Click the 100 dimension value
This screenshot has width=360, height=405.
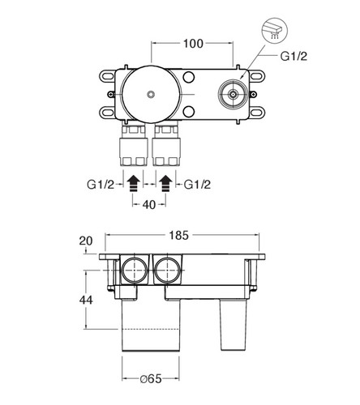[x=193, y=44]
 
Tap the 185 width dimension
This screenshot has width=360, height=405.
[x=178, y=236]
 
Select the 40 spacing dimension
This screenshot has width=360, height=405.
[x=149, y=205]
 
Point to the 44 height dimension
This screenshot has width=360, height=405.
[x=86, y=300]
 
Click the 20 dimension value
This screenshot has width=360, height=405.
[x=86, y=241]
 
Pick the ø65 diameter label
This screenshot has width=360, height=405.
[x=151, y=379]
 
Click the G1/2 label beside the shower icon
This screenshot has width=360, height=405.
[x=294, y=57]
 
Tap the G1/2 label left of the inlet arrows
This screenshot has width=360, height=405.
[x=101, y=185]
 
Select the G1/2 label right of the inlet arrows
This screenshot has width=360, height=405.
[x=197, y=185]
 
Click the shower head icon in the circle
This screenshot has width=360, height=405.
[x=275, y=31]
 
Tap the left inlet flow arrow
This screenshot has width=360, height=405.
[x=133, y=183]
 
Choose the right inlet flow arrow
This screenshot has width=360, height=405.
[x=165, y=183]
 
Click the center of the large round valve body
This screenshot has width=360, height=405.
[x=151, y=94]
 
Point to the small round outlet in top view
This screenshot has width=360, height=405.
[x=233, y=94]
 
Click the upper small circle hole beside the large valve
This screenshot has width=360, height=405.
[x=188, y=77]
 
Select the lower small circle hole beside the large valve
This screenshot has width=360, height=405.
[x=188, y=112]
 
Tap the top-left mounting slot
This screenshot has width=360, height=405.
[x=107, y=75]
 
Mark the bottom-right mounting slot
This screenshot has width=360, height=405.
[x=257, y=113]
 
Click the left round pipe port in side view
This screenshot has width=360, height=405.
[x=135, y=271]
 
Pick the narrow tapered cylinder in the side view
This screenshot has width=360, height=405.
[x=234, y=325]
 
